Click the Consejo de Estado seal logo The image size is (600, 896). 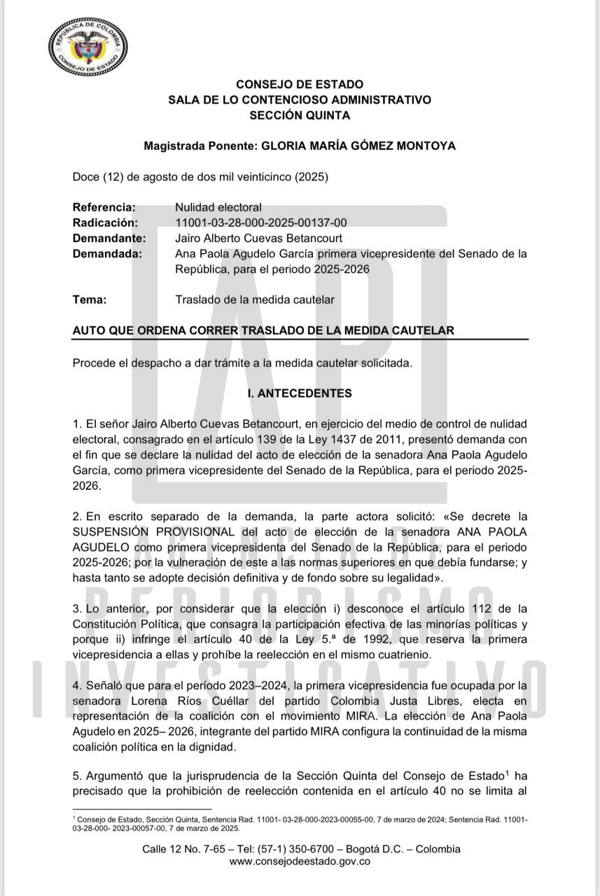tap(88, 48)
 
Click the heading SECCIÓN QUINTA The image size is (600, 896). tap(300, 115)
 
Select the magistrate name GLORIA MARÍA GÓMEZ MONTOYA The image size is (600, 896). tap(358, 146)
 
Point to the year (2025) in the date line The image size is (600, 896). tap(312, 177)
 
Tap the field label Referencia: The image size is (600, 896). tap(104, 207)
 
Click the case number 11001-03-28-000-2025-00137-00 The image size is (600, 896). tap(260, 223)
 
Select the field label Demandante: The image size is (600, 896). tap(109, 238)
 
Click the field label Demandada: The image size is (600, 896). tap(107, 253)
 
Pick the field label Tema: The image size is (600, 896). tap(90, 300)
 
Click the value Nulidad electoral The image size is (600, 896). tap(218, 207)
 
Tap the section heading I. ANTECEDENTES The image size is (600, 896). tap(300, 393)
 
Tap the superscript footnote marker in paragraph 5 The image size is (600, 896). tap(507, 772)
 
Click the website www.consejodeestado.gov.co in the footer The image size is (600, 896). tap(300, 862)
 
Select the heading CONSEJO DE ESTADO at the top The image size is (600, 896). tap(300, 85)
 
